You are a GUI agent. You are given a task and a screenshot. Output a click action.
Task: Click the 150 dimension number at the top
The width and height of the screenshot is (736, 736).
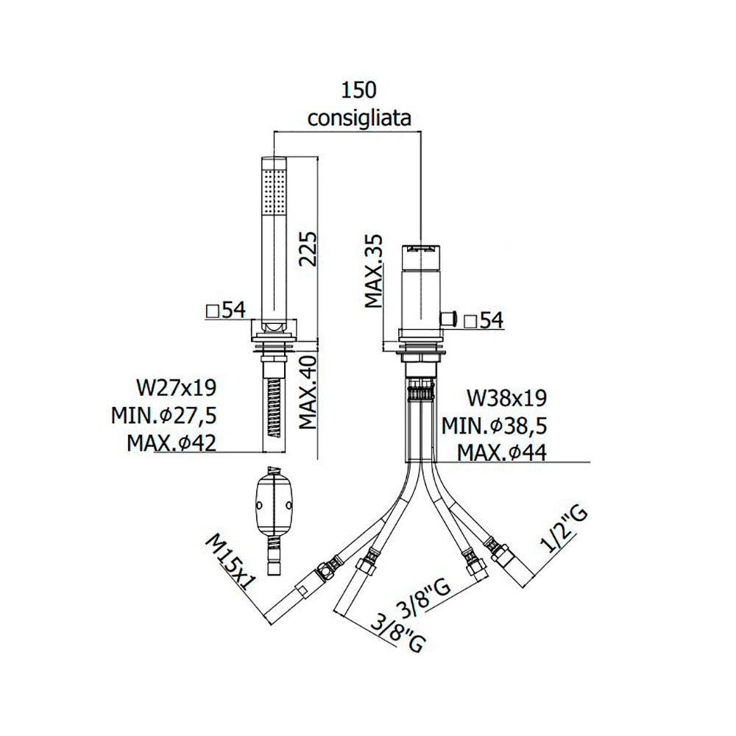pyautogui.click(x=358, y=90)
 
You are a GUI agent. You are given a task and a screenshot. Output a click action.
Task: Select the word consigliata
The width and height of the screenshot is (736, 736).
pyautogui.click(x=359, y=118)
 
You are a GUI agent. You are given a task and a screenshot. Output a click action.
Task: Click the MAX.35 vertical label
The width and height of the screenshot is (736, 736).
pyautogui.click(x=374, y=272)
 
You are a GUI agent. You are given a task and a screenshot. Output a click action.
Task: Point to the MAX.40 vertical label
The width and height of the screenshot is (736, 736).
pyautogui.click(x=308, y=392)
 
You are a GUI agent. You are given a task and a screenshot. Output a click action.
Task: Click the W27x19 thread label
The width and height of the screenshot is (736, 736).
pyautogui.click(x=177, y=388)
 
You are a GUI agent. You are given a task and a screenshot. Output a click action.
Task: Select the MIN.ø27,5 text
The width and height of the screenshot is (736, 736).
pyautogui.click(x=164, y=415)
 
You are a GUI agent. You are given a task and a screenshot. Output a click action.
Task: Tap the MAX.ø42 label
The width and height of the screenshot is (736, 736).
pyautogui.click(x=171, y=442)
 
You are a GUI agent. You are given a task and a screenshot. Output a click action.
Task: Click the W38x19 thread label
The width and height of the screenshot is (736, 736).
pyautogui.click(x=506, y=398)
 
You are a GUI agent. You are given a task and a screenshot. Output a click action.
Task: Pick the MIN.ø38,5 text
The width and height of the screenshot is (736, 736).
pyautogui.click(x=495, y=425)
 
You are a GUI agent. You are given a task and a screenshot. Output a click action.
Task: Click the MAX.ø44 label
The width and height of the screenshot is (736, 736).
pyautogui.click(x=502, y=453)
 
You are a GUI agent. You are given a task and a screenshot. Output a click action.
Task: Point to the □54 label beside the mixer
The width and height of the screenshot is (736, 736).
pyautogui.click(x=484, y=321)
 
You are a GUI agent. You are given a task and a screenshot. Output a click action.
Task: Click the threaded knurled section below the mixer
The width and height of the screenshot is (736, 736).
pyautogui.click(x=421, y=388)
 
